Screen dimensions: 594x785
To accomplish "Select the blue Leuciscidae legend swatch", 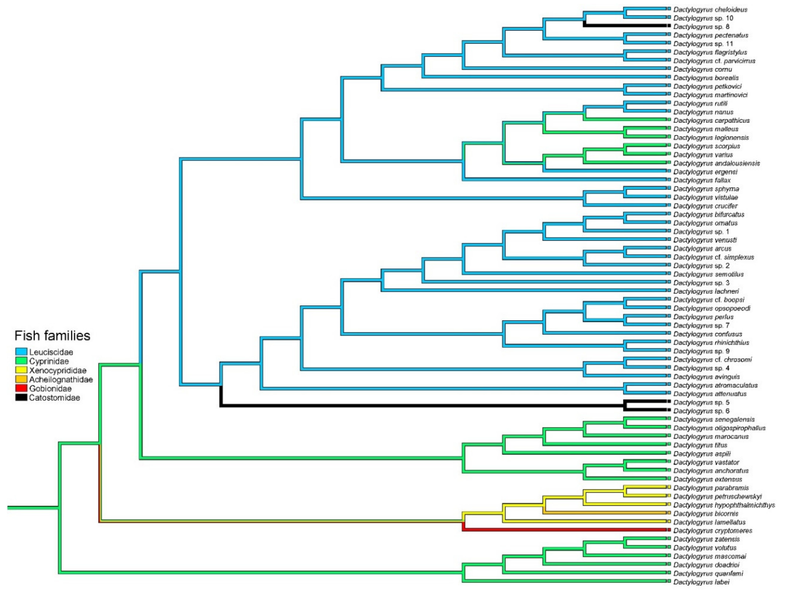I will [21, 352].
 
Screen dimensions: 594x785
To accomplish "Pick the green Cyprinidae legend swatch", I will [21, 361].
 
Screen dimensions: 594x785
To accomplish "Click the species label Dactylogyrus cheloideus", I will [710, 10].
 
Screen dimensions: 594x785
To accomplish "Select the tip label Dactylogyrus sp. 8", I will [701, 27].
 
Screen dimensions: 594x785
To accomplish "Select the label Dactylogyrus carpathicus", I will [712, 121].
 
